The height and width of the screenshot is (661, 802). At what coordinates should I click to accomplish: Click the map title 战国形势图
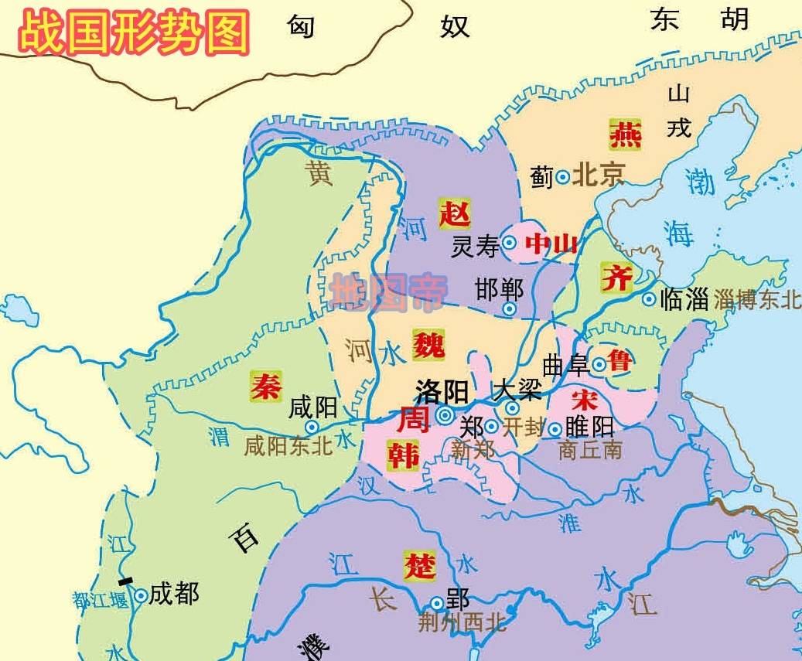pos(134,32)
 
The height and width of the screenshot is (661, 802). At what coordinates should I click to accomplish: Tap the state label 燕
pos(624,134)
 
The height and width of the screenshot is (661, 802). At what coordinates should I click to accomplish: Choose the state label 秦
pos(266,384)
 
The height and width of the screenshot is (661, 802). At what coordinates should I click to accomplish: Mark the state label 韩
pos(403,456)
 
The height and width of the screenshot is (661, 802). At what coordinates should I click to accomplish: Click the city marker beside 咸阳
pos(312,426)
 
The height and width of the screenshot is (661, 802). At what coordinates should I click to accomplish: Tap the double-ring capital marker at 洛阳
pos(445,416)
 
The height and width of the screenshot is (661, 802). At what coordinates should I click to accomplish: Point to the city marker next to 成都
pos(141,595)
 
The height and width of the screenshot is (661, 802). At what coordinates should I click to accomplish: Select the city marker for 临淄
pos(648,299)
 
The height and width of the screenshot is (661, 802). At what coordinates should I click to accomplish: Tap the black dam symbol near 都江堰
pos(125,580)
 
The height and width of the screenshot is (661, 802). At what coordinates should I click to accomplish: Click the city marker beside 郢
pos(437,603)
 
